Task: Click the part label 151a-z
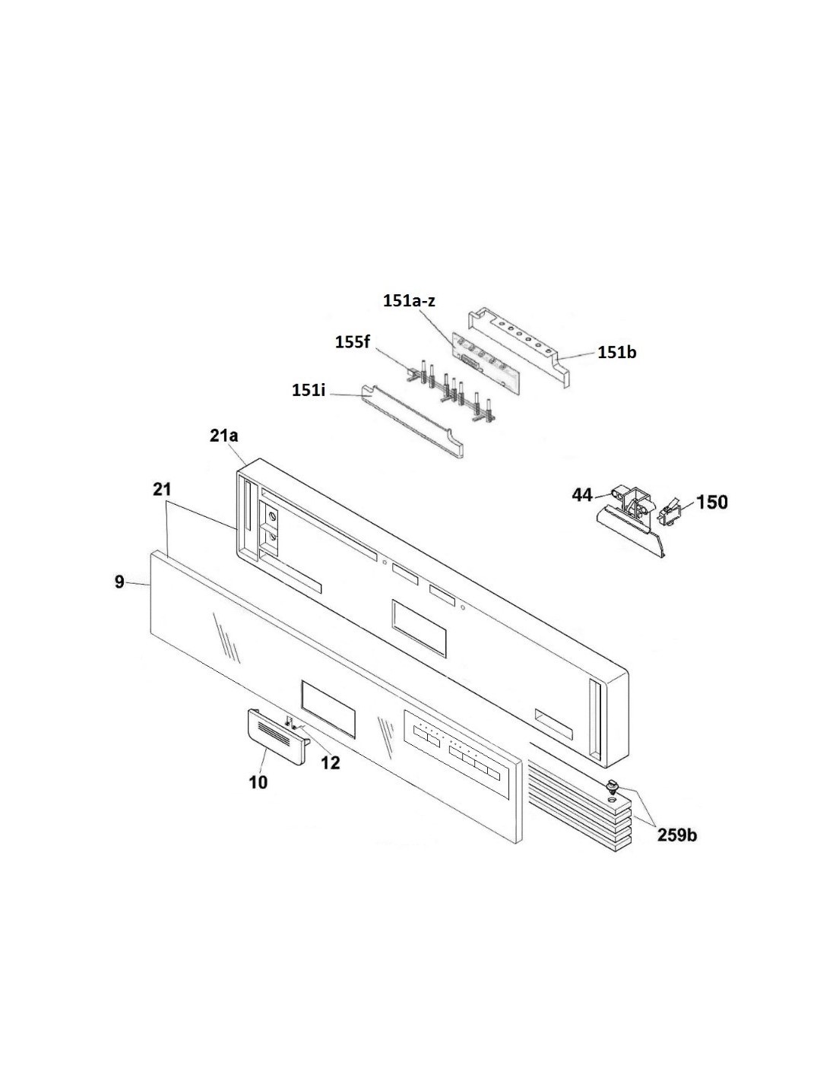[409, 300]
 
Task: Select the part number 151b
[616, 352]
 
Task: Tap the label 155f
[352, 342]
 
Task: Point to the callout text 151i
[309, 391]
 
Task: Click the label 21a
[223, 436]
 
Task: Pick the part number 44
[582, 494]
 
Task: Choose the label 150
[711, 502]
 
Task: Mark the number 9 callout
[119, 581]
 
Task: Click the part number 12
[331, 762]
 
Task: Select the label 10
[258, 782]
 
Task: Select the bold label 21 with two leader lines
[162, 490]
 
